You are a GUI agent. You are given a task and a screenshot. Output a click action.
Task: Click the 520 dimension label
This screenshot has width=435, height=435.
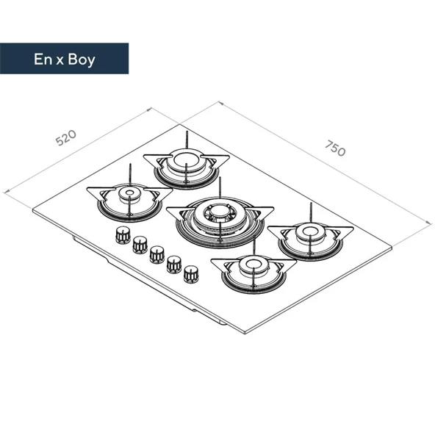tap(65, 137)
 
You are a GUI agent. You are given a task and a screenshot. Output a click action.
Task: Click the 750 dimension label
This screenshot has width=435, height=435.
tap(336, 148)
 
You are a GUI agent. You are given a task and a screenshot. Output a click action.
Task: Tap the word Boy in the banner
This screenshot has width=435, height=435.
tap(82, 60)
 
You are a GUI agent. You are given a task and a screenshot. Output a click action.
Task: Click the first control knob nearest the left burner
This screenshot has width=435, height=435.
tap(123, 235)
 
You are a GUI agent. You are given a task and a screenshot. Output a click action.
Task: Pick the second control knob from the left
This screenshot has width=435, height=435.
tap(140, 245)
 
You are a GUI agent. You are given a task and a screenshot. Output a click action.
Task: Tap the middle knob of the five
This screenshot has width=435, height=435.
tap(157, 254)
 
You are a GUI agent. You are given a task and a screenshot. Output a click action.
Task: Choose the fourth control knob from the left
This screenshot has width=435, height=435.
tap(174, 264)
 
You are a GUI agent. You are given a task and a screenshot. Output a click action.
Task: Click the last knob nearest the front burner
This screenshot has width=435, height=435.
tap(191, 274)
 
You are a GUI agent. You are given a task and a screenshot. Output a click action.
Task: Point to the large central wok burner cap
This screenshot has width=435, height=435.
tap(220, 212)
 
